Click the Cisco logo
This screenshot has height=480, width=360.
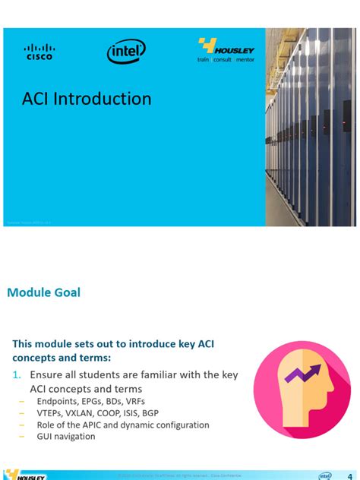pos(39,51)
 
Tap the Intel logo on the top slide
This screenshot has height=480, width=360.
pos(126,52)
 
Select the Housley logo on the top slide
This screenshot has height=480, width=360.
pos(226,50)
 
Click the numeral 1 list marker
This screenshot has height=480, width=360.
pos(16,375)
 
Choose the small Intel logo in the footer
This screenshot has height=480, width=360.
pos(325,475)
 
